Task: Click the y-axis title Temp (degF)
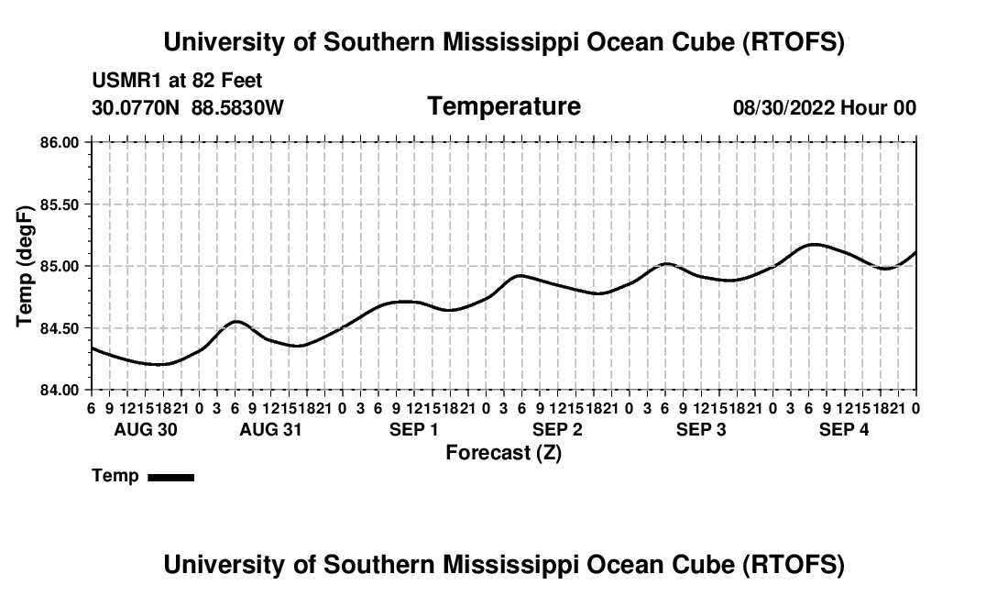click(26, 266)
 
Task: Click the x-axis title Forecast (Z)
click(503, 452)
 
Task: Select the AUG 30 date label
click(146, 429)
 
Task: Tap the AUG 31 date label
click(271, 429)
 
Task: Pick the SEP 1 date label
click(414, 429)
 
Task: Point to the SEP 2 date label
click(557, 429)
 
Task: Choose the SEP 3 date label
click(701, 429)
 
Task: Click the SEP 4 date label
click(844, 429)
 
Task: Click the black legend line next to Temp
click(170, 477)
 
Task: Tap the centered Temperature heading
click(504, 106)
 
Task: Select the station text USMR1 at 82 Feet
click(177, 81)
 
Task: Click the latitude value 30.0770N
click(137, 108)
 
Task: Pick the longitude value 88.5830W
click(237, 108)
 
